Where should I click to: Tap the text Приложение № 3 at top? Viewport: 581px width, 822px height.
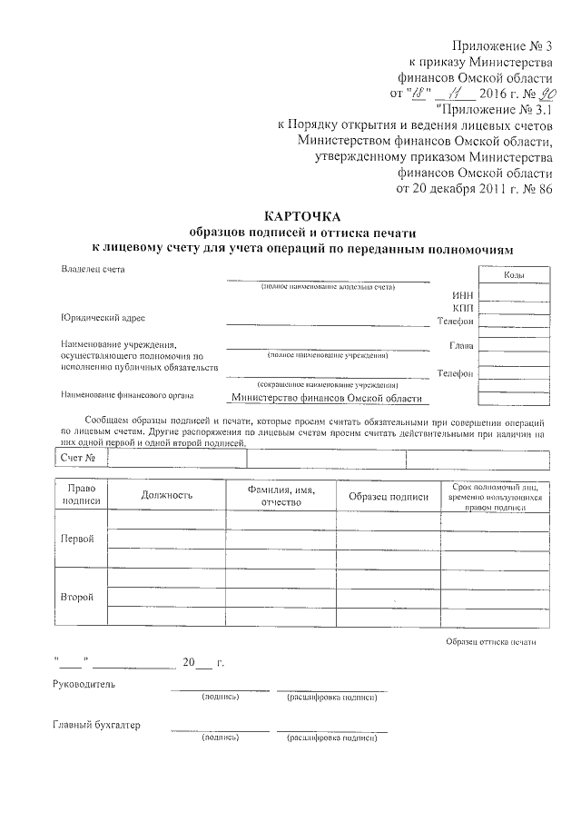502,46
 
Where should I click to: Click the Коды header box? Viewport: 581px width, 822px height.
513,274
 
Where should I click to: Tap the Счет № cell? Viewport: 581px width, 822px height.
78,458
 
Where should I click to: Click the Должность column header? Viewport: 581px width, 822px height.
167,495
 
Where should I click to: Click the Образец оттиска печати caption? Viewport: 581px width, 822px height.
490,642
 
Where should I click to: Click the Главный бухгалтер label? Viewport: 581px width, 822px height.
97,725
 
